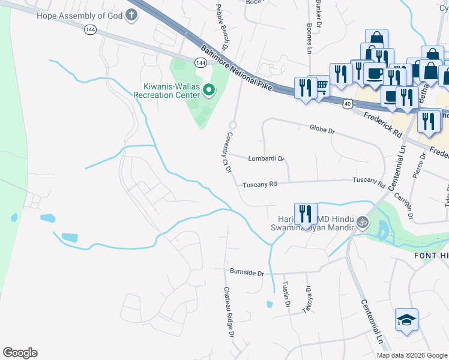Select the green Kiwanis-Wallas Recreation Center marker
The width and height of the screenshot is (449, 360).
pos(209,91)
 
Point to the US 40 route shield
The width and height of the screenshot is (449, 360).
pos(348,104)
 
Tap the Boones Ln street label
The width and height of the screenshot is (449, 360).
pos(310,35)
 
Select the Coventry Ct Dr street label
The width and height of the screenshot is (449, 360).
pos(228,153)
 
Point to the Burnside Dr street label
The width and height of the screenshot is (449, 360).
pos(247,272)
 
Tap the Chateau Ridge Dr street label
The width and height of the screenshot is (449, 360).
pos(228,311)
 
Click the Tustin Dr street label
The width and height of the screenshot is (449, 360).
pos(286,294)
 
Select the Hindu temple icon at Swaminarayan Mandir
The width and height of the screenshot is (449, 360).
pos(362,223)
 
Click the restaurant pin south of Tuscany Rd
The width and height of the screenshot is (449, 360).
pos(306,214)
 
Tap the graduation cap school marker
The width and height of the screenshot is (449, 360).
pos(406,320)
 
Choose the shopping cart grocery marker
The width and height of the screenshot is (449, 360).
pos(322,86)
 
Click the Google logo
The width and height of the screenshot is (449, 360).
pos(20,353)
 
